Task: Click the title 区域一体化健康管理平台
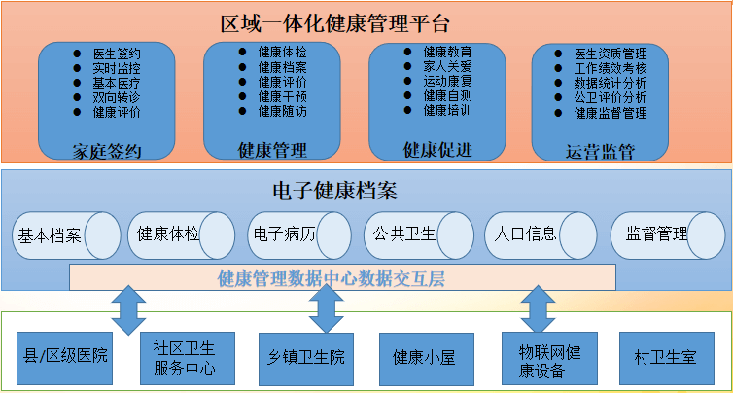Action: [335, 21]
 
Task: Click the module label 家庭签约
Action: [107, 151]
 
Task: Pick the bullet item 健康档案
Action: [282, 68]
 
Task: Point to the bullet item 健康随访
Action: [282, 112]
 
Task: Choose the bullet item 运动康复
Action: [448, 82]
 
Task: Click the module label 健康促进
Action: [437, 149]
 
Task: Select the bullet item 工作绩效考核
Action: [611, 68]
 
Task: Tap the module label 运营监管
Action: [600, 151]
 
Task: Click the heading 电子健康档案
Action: [334, 191]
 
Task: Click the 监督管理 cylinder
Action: [661, 235]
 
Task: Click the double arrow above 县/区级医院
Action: [128, 309]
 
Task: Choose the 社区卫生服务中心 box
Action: [185, 358]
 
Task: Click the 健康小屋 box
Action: [424, 358]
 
